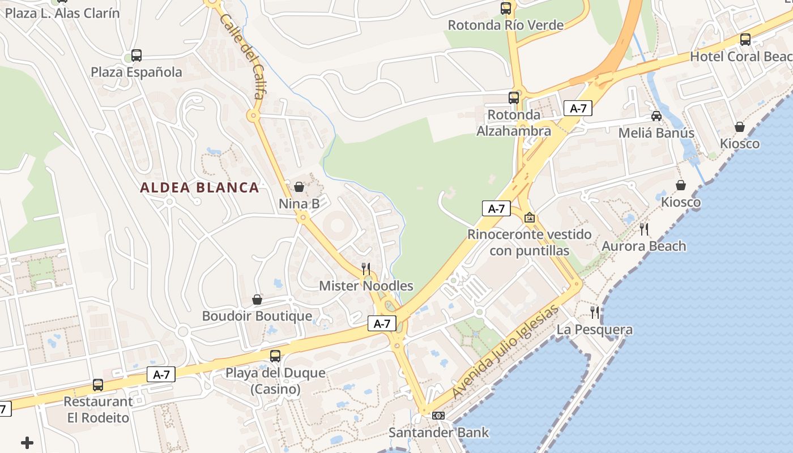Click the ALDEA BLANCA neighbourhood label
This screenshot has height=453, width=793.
tap(199, 187)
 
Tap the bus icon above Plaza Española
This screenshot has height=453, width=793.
tap(137, 55)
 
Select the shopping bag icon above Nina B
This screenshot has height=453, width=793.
tap(299, 186)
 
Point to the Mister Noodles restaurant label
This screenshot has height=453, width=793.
tap(366, 286)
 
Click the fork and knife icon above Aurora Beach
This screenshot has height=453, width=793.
tap(644, 229)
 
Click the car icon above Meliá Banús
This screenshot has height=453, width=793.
tap(656, 116)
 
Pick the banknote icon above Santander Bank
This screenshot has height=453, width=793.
tap(438, 416)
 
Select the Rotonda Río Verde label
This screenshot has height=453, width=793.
tap(506, 25)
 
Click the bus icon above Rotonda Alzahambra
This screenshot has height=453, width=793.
tap(514, 97)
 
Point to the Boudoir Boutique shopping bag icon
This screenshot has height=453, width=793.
tap(257, 300)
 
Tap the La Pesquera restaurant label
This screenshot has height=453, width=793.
tap(594, 330)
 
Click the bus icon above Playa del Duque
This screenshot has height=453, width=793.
tap(275, 356)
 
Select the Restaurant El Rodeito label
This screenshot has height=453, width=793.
tap(98, 409)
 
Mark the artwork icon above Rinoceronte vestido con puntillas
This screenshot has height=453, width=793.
tap(530, 217)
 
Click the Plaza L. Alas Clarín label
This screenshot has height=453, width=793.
tap(62, 13)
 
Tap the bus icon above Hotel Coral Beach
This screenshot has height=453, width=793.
tap(745, 40)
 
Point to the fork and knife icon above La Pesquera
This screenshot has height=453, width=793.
tap(595, 312)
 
